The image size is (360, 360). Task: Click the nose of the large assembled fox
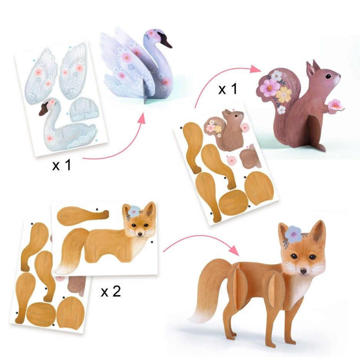click(x=303, y=271)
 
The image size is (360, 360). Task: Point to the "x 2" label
click(x=111, y=291)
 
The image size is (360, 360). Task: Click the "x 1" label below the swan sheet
click(x=62, y=165)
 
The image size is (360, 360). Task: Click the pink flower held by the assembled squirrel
click(x=335, y=104)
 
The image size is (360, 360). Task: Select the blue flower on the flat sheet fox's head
click(x=134, y=211)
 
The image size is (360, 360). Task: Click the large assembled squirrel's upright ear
click(x=311, y=68)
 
